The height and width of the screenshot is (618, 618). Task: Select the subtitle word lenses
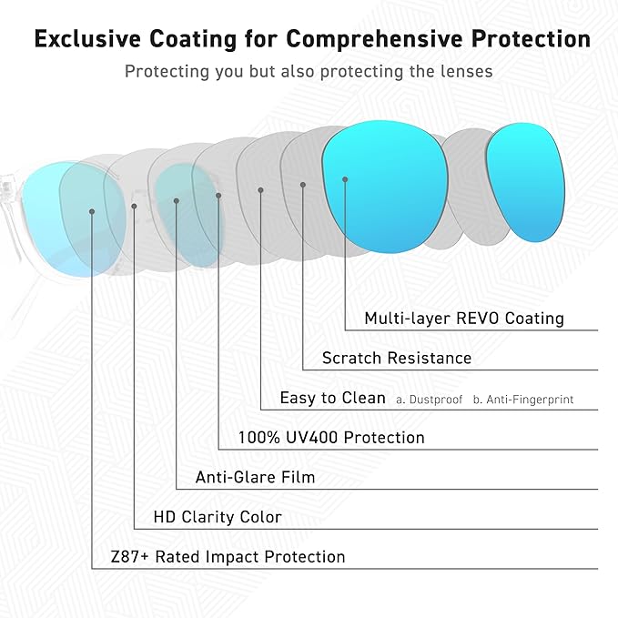point(464,71)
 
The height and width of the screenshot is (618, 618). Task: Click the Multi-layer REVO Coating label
point(464,319)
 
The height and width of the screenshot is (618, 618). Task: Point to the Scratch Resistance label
point(397,358)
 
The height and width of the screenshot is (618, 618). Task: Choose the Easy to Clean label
point(333,398)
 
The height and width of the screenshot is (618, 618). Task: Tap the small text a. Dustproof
point(430,400)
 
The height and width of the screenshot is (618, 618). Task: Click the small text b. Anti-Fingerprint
point(523,400)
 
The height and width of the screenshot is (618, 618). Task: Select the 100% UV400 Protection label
point(331,438)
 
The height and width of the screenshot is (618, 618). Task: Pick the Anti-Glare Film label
point(256,477)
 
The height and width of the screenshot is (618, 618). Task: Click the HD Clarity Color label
point(218,517)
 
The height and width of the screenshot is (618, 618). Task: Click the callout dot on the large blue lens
point(346,179)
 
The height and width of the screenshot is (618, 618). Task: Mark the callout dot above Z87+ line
point(93,211)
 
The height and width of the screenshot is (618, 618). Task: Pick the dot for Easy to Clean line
point(261,190)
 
